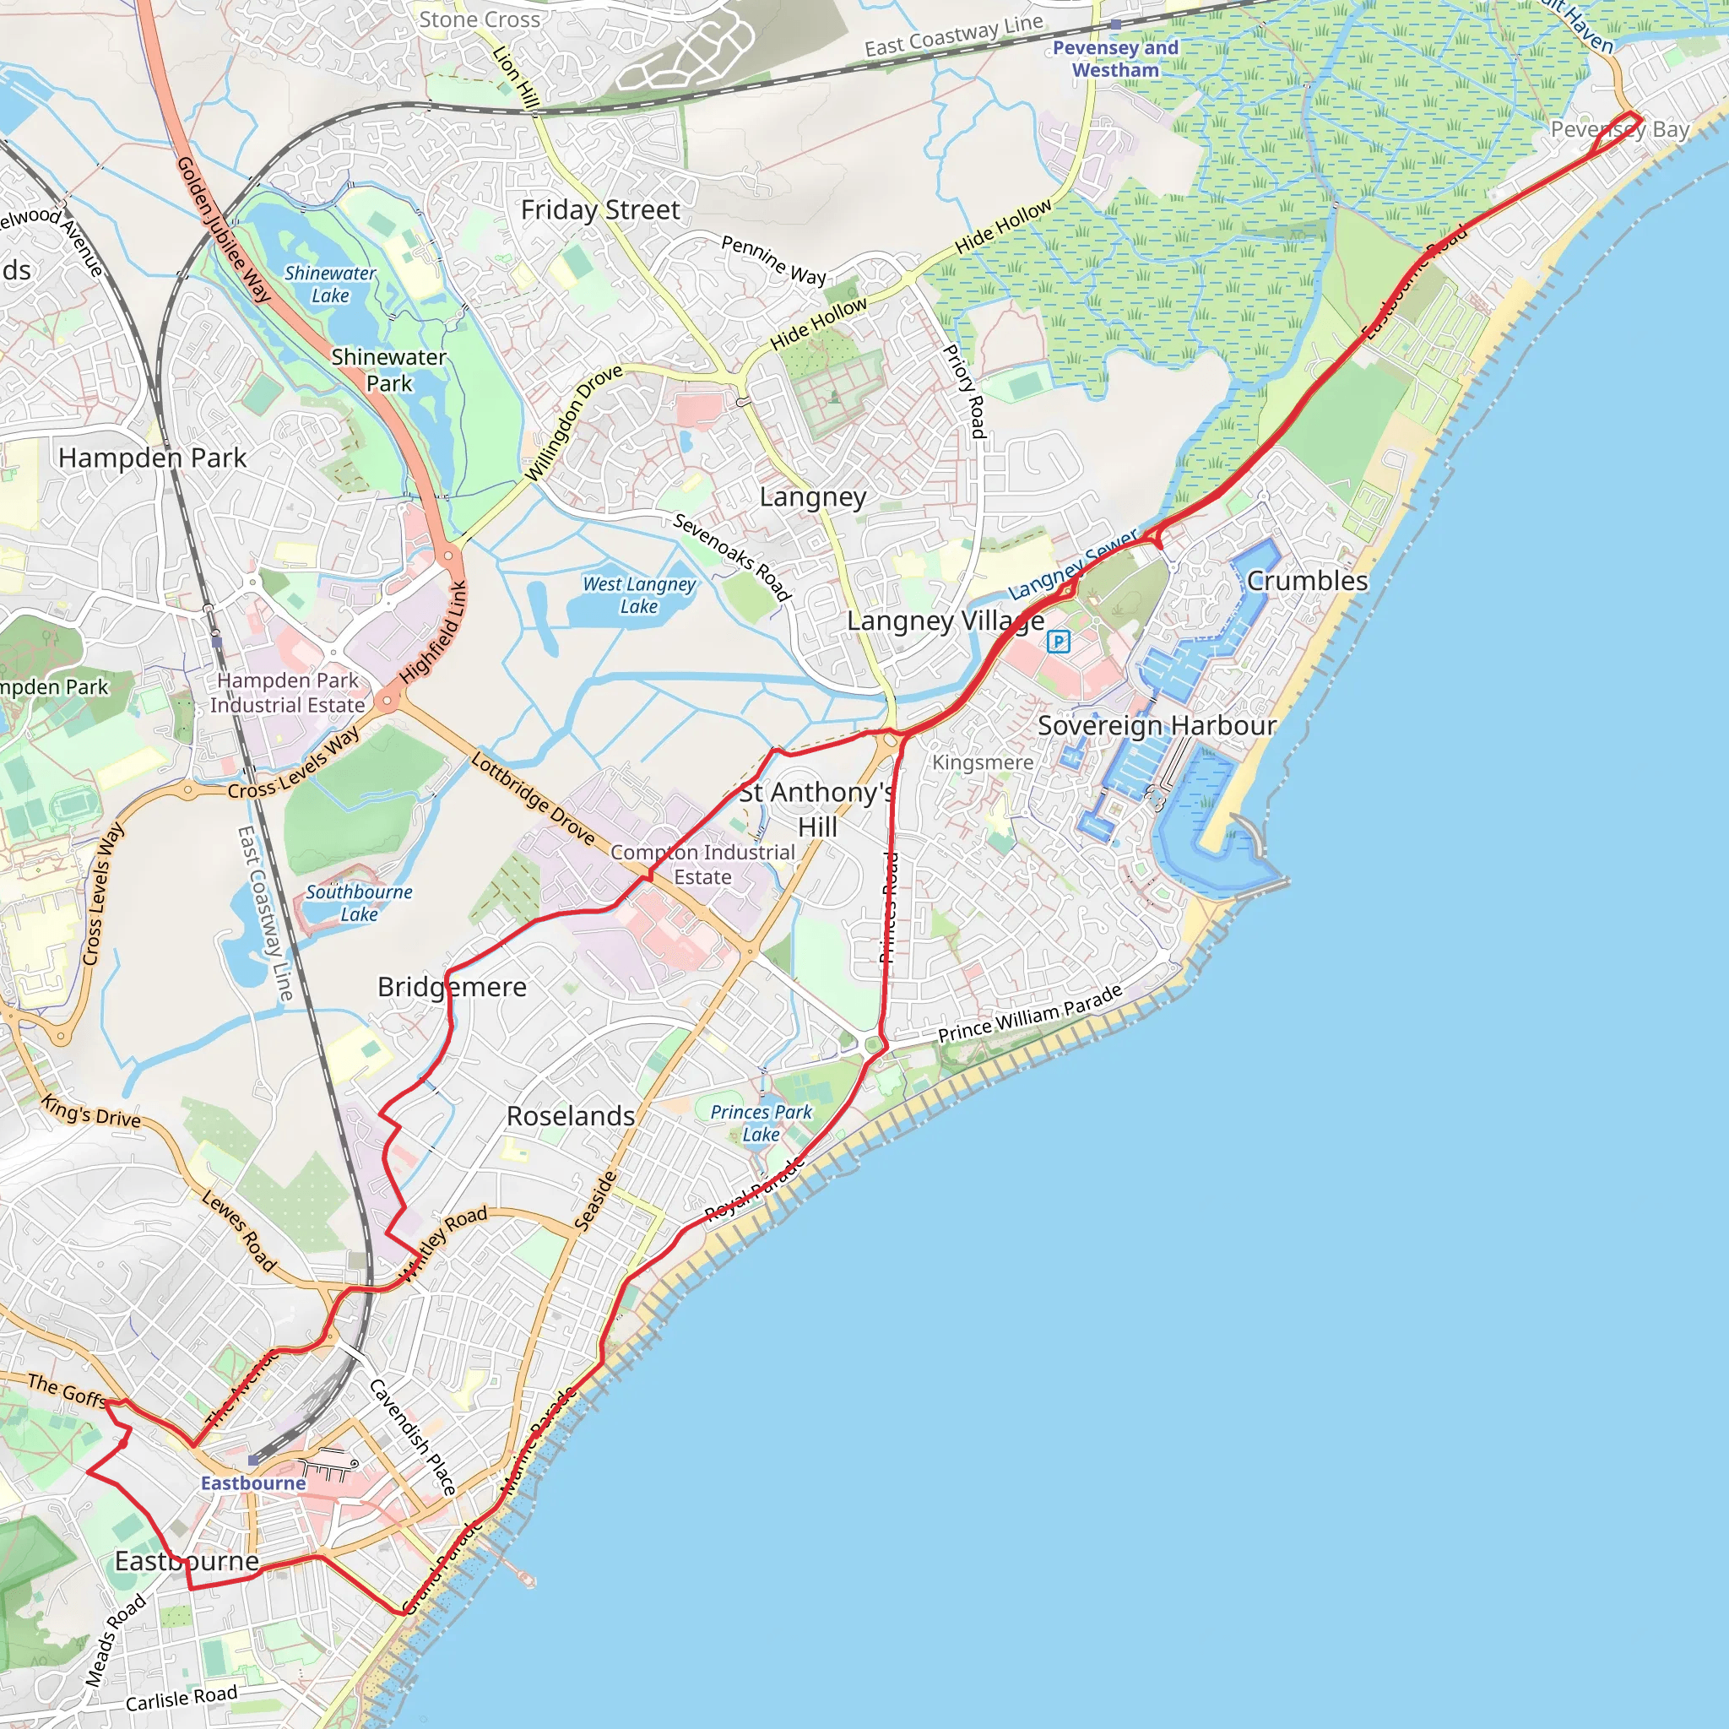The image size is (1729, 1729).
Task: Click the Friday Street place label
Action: pyautogui.click(x=600, y=210)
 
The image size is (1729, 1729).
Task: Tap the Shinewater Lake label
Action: pyautogui.click(x=330, y=285)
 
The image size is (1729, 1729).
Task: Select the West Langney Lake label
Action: pyautogui.click(x=639, y=595)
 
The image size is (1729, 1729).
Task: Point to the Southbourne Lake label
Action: pyautogui.click(x=359, y=903)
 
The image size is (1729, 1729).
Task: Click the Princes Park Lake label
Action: pyautogui.click(x=761, y=1123)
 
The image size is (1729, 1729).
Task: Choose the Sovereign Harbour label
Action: pyautogui.click(x=1157, y=726)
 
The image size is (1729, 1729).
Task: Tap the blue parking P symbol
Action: pyautogui.click(x=1059, y=641)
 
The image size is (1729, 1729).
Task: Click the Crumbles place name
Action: pyautogui.click(x=1307, y=581)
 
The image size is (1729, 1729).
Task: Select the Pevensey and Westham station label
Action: pyautogui.click(x=1115, y=59)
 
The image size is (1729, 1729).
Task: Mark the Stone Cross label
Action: pyautogui.click(x=480, y=19)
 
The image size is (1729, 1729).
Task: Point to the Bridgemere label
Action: pyautogui.click(x=452, y=987)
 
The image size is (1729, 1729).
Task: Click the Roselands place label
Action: pyautogui.click(x=570, y=1116)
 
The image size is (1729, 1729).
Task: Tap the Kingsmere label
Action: pyautogui.click(x=983, y=762)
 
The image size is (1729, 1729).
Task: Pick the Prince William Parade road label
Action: pyautogui.click(x=1030, y=1014)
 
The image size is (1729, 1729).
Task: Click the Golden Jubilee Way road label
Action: pyautogui.click(x=223, y=229)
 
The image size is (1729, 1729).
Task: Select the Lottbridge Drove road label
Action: pyautogui.click(x=533, y=799)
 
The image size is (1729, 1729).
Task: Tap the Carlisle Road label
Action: pyautogui.click(x=182, y=1697)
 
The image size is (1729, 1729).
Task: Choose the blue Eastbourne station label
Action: pyautogui.click(x=253, y=1482)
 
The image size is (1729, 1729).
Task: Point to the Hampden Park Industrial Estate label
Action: pyautogui.click(x=287, y=692)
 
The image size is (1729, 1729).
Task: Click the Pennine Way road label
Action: pyautogui.click(x=773, y=259)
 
